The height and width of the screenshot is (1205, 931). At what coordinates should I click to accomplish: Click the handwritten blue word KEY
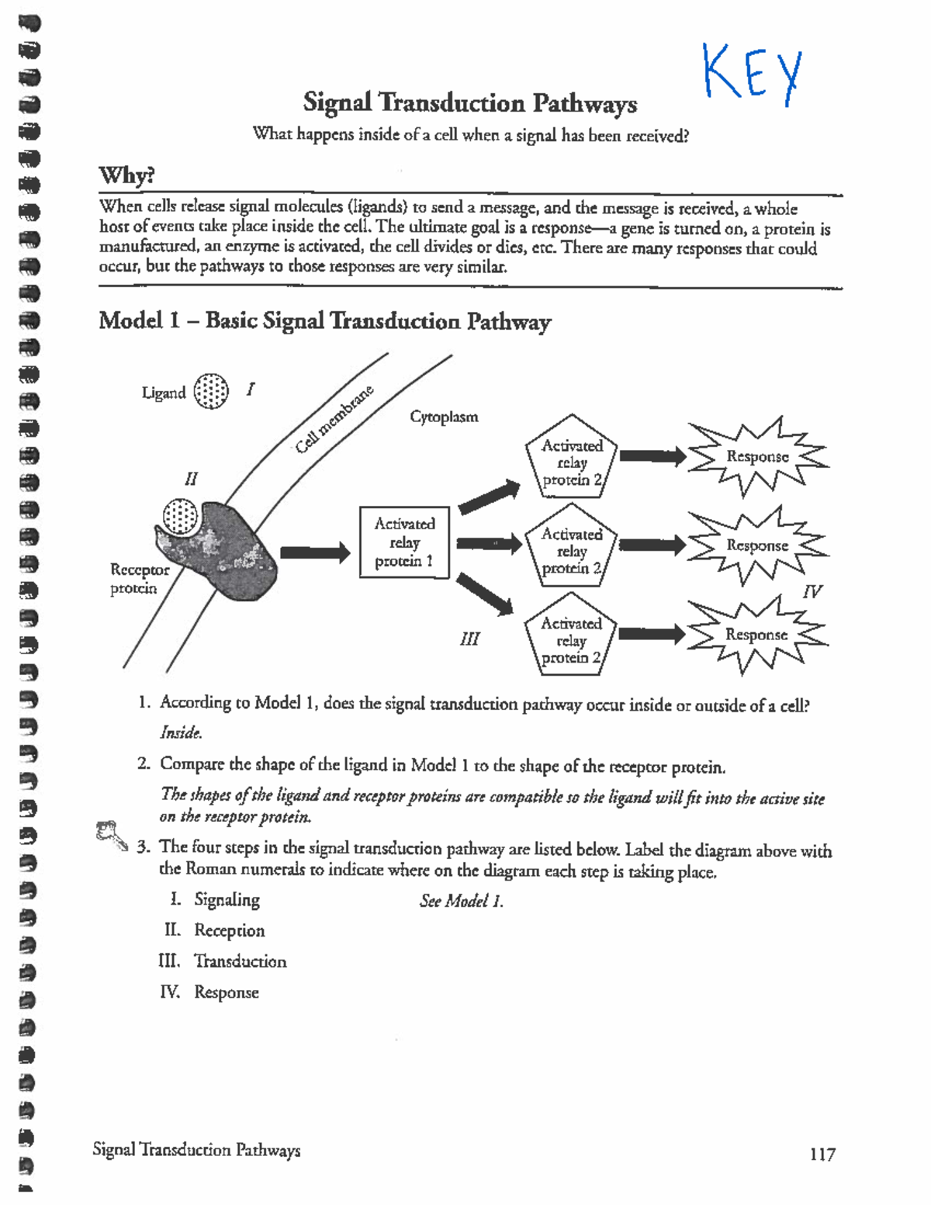click(751, 74)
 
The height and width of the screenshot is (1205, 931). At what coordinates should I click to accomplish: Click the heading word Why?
click(126, 175)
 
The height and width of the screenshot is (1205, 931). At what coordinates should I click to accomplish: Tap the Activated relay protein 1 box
click(404, 542)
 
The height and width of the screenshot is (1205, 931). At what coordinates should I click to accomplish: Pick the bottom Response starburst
click(756, 635)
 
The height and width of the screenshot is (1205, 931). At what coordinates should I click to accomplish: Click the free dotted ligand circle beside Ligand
click(211, 391)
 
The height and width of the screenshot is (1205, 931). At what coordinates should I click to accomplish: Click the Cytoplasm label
click(444, 417)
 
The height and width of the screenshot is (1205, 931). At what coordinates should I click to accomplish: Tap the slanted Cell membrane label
click(334, 420)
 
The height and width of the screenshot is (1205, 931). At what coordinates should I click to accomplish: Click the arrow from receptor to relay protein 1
click(314, 552)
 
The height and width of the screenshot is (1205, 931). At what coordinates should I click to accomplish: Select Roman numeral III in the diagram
click(469, 639)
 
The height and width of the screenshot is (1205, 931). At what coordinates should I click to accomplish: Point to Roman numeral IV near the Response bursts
click(811, 592)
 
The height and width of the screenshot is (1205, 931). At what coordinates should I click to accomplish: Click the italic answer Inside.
click(181, 732)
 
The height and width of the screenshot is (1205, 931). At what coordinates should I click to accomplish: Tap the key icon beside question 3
click(111, 836)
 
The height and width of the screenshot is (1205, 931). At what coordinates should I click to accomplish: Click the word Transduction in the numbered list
click(240, 961)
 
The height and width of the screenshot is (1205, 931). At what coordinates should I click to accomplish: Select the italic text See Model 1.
click(461, 901)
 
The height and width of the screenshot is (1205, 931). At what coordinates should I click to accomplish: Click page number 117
click(822, 1155)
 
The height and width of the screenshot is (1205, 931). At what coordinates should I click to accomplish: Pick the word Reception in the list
click(229, 930)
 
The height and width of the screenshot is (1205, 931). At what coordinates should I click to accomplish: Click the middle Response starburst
click(756, 545)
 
